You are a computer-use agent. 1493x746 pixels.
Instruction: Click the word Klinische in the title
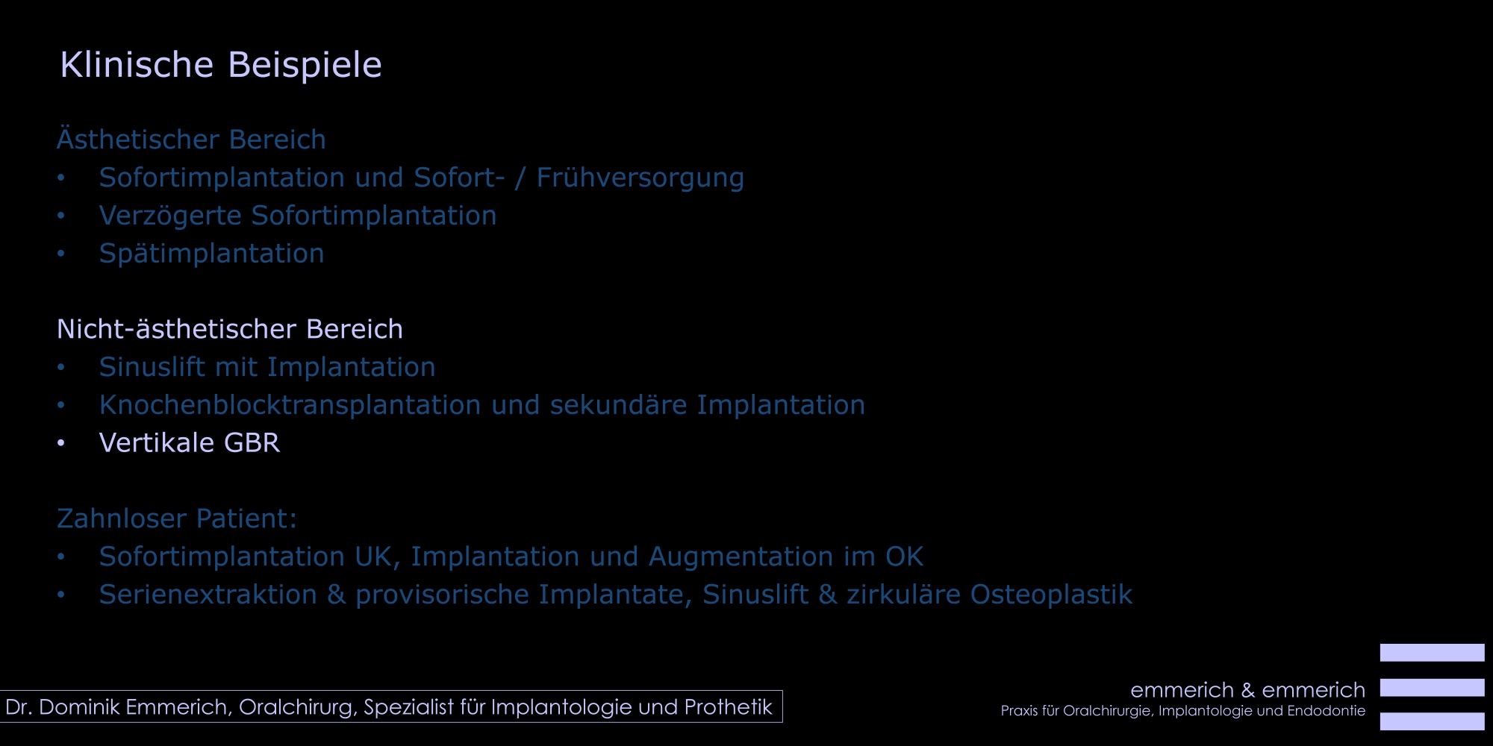coord(137,65)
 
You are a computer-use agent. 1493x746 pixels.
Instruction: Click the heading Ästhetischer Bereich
coord(191,140)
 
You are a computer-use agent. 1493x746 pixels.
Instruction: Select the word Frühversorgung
coord(640,178)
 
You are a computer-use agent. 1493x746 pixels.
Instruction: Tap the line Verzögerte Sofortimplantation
coord(298,216)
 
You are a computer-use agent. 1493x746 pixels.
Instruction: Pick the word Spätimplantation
coord(211,254)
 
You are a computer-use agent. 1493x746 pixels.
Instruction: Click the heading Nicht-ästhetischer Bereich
coord(230,329)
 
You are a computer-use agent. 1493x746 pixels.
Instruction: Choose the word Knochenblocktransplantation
coord(290,405)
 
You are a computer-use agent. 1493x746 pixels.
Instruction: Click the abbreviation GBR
coord(252,443)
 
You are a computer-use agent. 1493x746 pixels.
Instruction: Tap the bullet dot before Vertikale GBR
coord(61,443)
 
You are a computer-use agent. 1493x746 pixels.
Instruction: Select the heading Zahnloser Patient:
coord(177,518)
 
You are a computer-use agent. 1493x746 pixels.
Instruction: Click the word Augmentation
coord(741,557)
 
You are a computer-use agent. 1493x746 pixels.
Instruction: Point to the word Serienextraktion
coord(208,595)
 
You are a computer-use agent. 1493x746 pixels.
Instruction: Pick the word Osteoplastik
coord(1051,595)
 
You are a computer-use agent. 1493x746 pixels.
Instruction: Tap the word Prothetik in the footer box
coord(728,707)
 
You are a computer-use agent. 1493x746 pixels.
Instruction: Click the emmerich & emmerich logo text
coord(1247,690)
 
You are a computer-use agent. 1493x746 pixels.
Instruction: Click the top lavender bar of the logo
coord(1432,653)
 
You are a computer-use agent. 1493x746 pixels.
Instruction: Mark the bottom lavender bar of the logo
coord(1432,721)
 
